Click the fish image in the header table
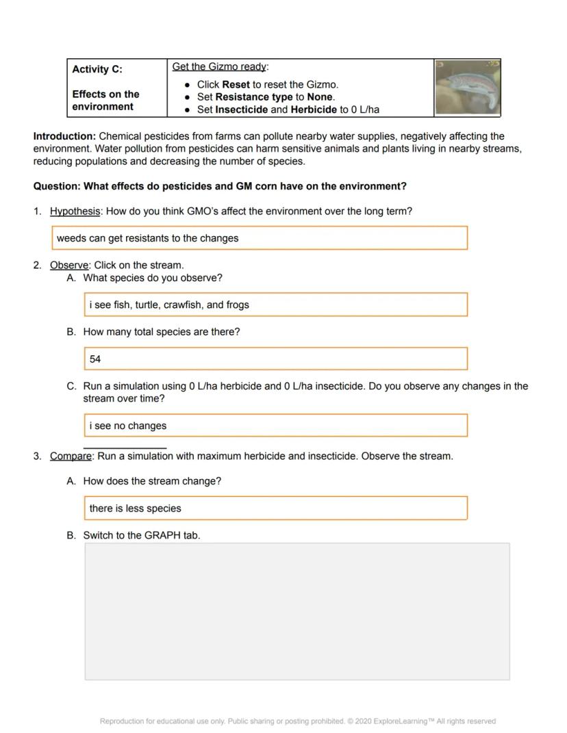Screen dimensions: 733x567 (x=468, y=87)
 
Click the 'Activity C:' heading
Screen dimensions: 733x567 (x=97, y=69)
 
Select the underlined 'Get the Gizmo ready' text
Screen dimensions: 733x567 (x=219, y=66)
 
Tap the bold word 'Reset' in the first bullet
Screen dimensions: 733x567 (x=236, y=85)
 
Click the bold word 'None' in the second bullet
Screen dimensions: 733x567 (x=319, y=97)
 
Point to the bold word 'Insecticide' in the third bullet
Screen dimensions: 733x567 (x=241, y=110)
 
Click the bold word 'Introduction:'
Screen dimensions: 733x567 (x=64, y=136)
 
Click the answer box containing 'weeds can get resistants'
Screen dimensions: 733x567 (x=260, y=238)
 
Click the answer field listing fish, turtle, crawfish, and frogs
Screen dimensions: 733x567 (x=275, y=305)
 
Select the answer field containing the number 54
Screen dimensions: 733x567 (x=275, y=359)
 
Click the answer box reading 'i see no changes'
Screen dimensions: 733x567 (x=275, y=426)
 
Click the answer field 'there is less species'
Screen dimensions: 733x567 (x=275, y=509)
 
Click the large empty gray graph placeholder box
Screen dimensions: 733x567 (x=297, y=611)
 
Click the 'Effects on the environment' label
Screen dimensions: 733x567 (x=105, y=101)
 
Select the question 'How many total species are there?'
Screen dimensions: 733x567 (x=162, y=332)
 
